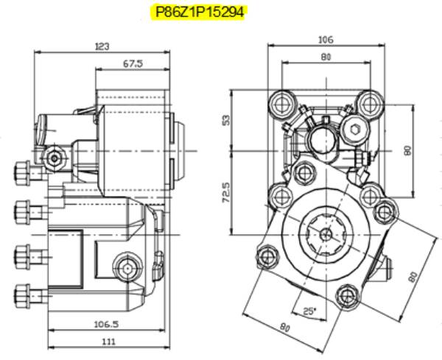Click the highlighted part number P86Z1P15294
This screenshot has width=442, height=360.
point(198,13)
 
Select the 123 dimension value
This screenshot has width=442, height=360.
point(102,46)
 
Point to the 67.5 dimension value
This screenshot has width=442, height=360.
point(133,64)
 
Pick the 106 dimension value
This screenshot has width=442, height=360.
point(325,39)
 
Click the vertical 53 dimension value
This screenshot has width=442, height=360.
point(226,119)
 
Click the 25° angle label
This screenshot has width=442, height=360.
point(309,311)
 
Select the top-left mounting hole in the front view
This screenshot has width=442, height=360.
point(280,102)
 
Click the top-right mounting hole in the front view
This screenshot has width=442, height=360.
point(368,102)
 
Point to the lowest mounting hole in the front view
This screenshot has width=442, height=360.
point(345,297)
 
